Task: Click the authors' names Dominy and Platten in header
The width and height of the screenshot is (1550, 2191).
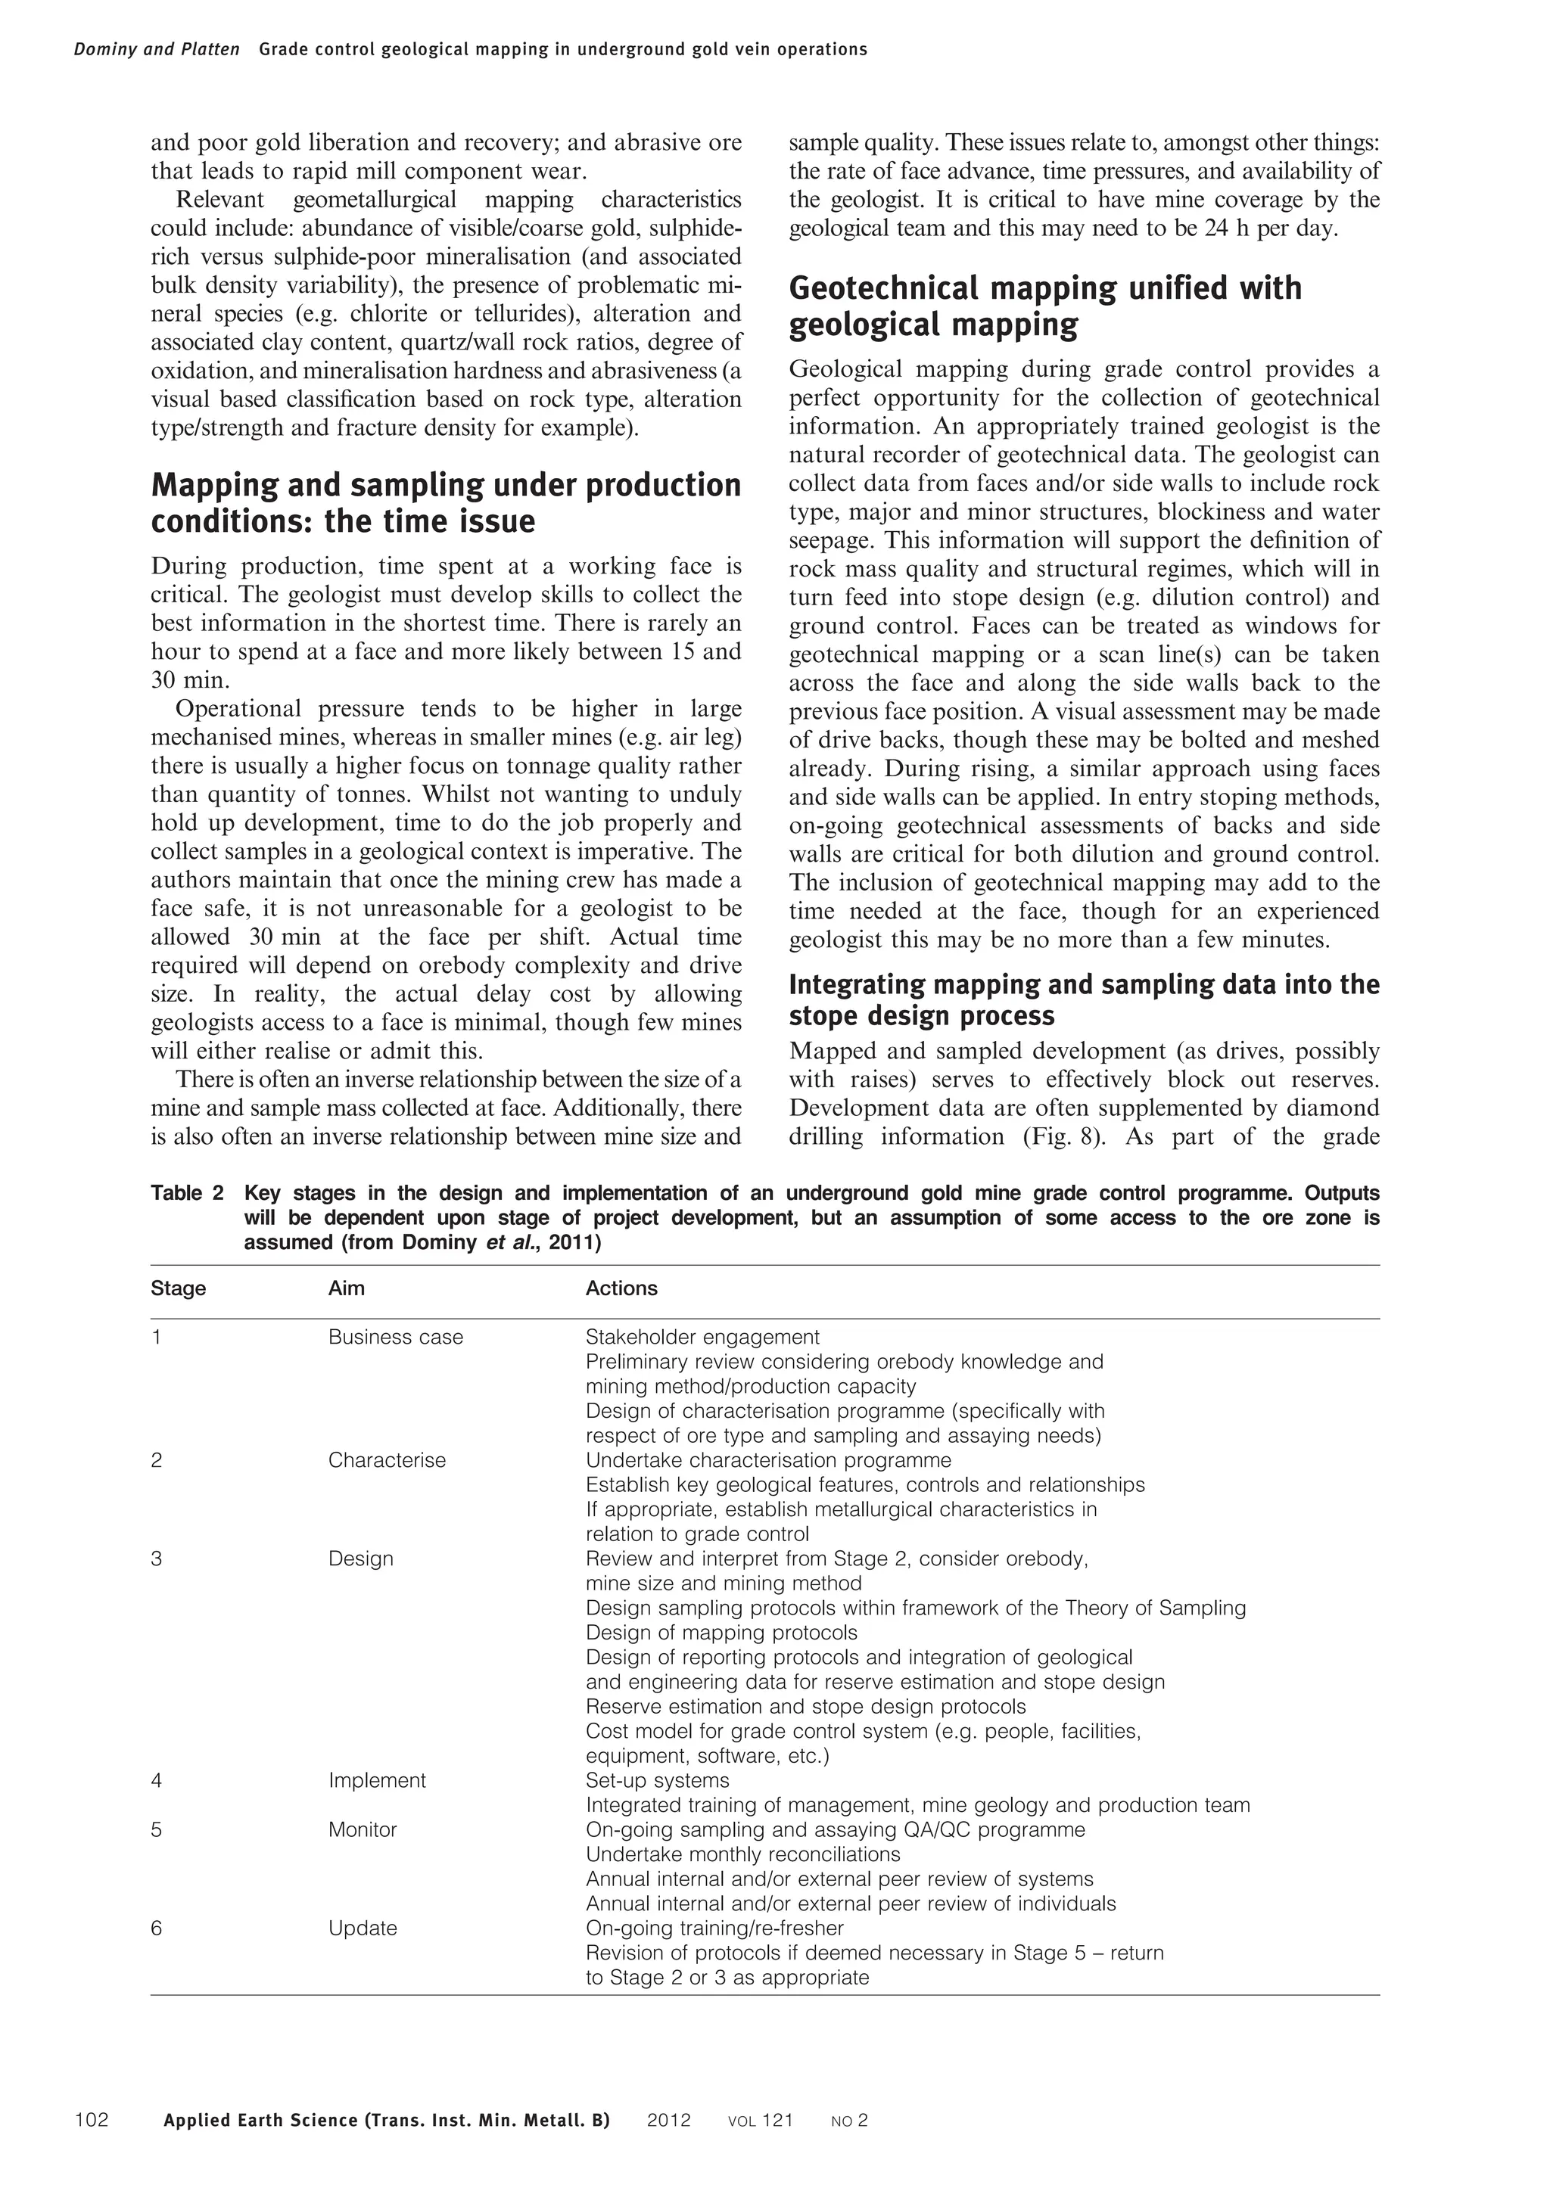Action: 157,50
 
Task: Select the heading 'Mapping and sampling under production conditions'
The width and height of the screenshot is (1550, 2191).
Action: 446,503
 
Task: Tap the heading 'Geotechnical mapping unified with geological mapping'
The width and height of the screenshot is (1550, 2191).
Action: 1044,306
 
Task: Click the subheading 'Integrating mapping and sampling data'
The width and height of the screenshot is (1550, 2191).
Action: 1083,999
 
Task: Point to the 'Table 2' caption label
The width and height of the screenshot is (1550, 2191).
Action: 187,1193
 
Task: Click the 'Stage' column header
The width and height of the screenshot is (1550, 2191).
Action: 179,1288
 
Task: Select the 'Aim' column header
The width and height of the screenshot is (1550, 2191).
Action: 347,1288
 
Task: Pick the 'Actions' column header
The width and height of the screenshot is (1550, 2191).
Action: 621,1288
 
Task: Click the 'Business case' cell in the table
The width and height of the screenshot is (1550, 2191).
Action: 395,1337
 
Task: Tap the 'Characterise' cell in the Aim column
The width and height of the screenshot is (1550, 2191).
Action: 387,1460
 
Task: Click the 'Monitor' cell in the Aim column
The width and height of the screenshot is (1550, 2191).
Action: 363,1829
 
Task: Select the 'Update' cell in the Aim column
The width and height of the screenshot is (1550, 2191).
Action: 363,1928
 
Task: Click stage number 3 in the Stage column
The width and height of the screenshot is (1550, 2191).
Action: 157,1559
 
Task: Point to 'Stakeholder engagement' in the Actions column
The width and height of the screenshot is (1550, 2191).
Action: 702,1337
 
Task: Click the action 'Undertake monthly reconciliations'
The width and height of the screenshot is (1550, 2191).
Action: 742,1854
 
